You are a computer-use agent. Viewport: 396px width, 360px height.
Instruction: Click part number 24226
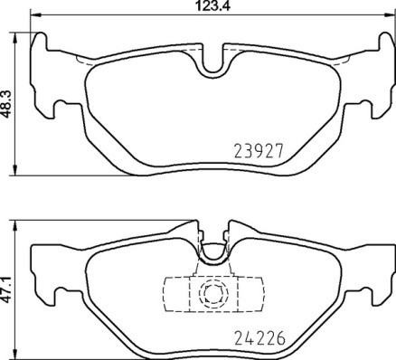point(259,340)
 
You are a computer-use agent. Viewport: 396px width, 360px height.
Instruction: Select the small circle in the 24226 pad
point(214,292)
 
